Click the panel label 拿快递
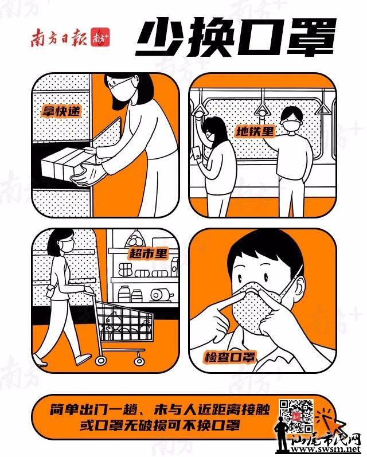tap(61, 111)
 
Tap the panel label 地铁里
tap(255, 131)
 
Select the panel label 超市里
tap(149, 253)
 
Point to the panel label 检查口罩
tap(230, 357)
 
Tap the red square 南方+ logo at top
tap(100, 37)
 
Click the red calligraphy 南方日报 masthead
tap(60, 37)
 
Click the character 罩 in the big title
tap(312, 37)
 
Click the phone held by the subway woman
tap(197, 153)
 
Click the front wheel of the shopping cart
tap(101, 360)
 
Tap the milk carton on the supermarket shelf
tap(174, 267)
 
